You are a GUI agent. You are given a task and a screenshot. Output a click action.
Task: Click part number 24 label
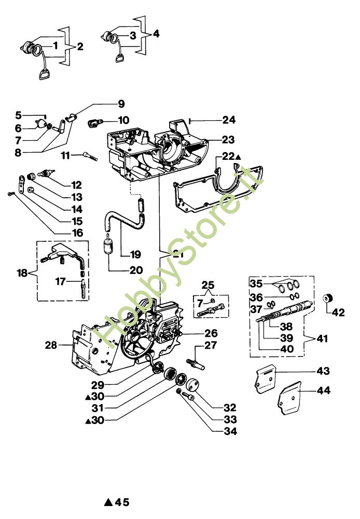click(x=229, y=120)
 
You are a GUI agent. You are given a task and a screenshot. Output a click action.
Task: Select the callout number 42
click(x=338, y=312)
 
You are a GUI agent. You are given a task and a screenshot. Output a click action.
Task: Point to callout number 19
click(x=135, y=254)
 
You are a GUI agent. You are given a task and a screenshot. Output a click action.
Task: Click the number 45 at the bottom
click(x=122, y=502)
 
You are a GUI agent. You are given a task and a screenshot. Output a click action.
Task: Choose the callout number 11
click(x=66, y=156)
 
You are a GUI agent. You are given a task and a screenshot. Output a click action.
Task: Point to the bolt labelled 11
click(x=90, y=156)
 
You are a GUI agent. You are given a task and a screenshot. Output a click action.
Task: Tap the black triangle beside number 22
click(x=238, y=156)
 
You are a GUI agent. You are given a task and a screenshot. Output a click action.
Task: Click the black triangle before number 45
click(x=108, y=502)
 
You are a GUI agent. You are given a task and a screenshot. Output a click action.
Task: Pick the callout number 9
click(x=121, y=103)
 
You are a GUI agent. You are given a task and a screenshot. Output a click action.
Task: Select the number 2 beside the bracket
click(x=80, y=47)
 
